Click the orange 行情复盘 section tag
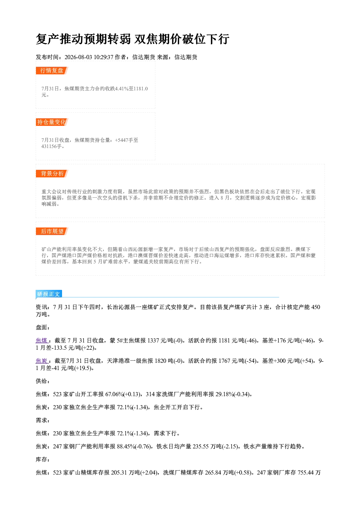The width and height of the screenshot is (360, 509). point(52,70)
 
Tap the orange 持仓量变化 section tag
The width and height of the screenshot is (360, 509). point(52,122)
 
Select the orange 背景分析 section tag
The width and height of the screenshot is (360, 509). point(52,174)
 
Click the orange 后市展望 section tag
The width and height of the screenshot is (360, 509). point(52,231)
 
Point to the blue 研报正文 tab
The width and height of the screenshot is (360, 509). point(49,294)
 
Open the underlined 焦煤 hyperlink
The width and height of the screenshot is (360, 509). point(41,340)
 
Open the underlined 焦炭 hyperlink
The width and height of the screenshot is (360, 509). point(41,361)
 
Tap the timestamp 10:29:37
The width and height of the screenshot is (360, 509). point(103,57)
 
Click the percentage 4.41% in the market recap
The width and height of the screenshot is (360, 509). point(122,89)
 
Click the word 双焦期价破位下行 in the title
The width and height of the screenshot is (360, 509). point(182,39)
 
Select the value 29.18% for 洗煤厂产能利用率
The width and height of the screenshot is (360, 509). point(225,394)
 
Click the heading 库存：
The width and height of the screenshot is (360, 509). point(43,459)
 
